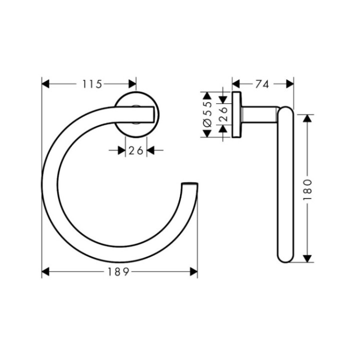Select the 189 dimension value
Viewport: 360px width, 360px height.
pos(119,271)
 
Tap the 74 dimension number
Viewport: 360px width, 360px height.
pos(262,84)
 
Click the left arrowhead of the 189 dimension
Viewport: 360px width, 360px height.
pos(45,271)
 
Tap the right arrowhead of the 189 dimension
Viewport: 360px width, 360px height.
pos(193,271)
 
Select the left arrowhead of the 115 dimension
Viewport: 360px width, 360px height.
pos(45,84)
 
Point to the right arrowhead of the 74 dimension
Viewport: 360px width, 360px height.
pos(289,84)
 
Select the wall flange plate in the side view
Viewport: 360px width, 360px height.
pos(236,114)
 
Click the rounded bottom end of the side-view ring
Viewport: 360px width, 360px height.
pos(285,257)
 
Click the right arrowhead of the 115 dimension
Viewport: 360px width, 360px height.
pos(132,84)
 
